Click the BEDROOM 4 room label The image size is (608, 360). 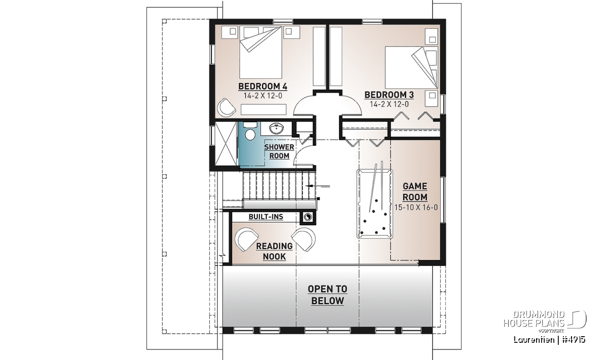coord(262,87)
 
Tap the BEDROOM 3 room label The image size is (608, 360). coord(389,95)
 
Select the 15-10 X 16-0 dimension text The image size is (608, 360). coord(416,208)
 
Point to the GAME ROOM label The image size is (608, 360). coord(415,192)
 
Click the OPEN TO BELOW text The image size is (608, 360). coord(327,295)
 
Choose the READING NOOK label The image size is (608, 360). coord(274,251)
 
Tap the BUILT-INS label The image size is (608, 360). coord(265,217)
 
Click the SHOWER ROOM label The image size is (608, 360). coord(279,152)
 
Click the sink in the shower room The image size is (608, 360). coord(276,128)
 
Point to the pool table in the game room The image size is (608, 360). coord(374,204)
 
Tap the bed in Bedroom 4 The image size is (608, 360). coord(260,52)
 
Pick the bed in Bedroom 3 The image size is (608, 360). coord(411,67)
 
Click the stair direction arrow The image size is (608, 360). coord(317,186)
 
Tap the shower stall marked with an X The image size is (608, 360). coord(226,143)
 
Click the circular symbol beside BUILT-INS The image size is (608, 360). coord(308,217)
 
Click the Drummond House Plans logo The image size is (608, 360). coord(545,322)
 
